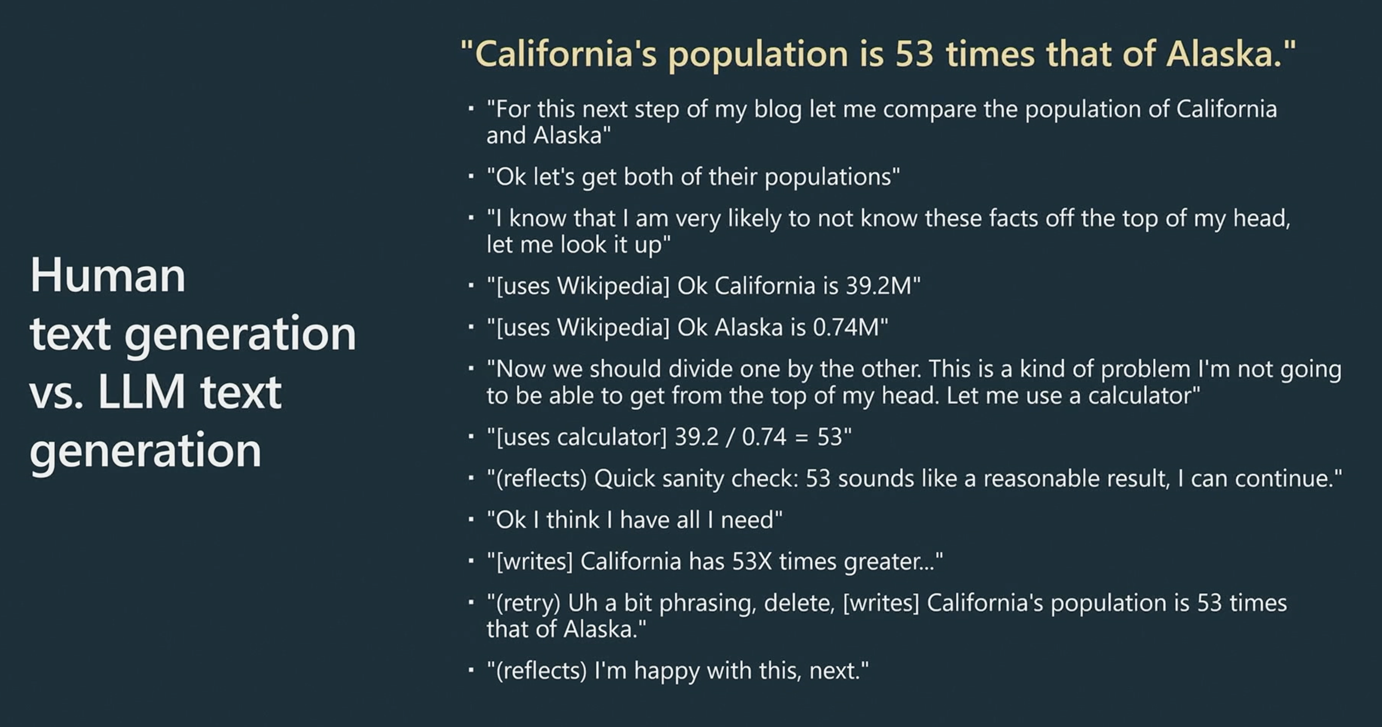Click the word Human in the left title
tap(108, 275)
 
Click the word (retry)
tap(528, 603)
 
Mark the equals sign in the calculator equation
tap(801, 437)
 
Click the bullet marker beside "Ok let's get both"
tap(471, 176)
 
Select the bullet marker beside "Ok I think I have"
tap(471, 519)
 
